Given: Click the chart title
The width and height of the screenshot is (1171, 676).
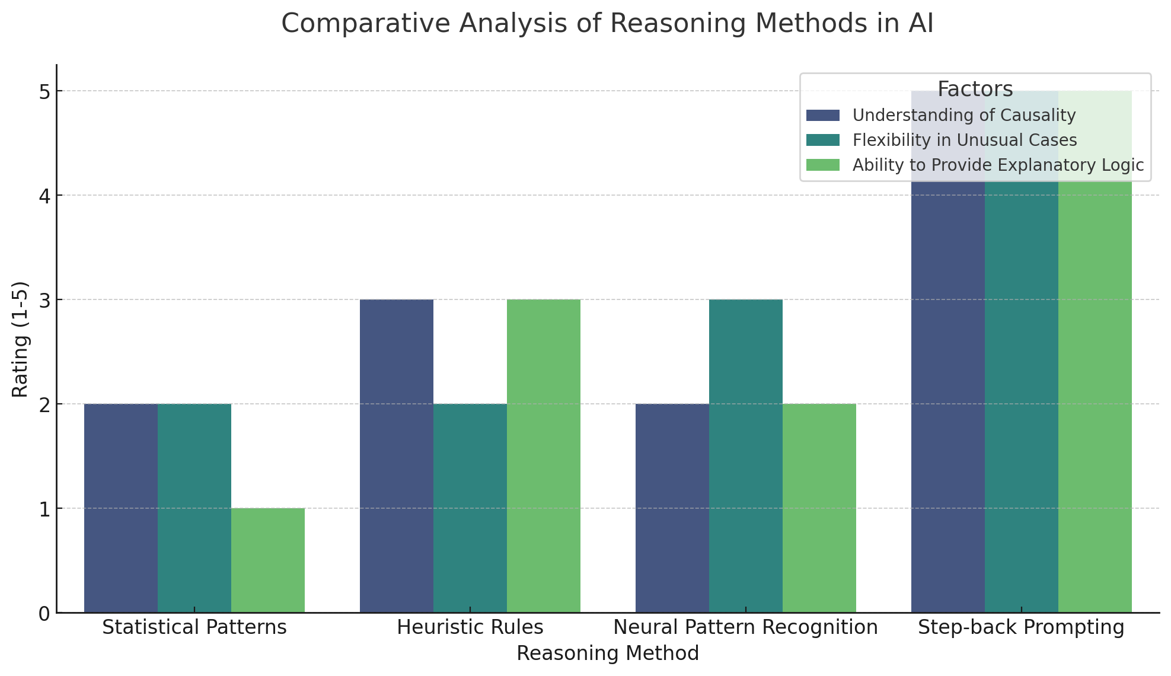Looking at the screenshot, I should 607,24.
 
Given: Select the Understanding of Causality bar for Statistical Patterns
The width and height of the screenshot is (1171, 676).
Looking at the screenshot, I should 121,508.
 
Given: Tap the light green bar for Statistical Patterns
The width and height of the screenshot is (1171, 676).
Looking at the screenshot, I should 268,560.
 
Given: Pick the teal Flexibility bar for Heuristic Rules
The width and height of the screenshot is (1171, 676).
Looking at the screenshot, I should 470,508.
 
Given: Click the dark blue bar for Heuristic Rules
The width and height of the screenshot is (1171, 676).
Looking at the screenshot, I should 397,456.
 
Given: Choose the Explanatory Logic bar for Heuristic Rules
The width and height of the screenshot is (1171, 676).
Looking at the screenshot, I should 544,456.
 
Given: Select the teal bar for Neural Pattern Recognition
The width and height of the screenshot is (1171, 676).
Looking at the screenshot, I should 746,456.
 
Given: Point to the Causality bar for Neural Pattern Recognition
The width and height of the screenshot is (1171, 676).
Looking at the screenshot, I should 672,508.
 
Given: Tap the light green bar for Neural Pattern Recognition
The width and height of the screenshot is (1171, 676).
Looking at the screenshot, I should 819,508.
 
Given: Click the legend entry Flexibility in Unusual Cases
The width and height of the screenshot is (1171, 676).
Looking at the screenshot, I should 964,140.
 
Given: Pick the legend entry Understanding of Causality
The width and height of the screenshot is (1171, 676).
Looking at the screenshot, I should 963,115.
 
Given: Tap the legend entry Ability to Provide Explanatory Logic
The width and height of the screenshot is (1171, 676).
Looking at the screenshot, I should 997,165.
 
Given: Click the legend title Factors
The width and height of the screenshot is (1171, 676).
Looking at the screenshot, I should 975,90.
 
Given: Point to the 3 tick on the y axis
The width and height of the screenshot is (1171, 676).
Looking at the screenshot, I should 44,300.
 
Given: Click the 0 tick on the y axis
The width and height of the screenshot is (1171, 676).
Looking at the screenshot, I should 44,613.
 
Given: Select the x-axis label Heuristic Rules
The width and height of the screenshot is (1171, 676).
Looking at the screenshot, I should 470,627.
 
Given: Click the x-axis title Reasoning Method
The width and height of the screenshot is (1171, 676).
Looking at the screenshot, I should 607,653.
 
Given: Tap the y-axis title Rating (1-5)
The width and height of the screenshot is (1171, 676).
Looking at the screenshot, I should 20,339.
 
